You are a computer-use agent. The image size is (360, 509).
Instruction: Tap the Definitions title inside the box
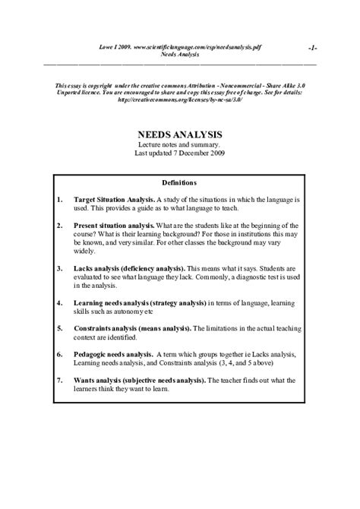(179, 182)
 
